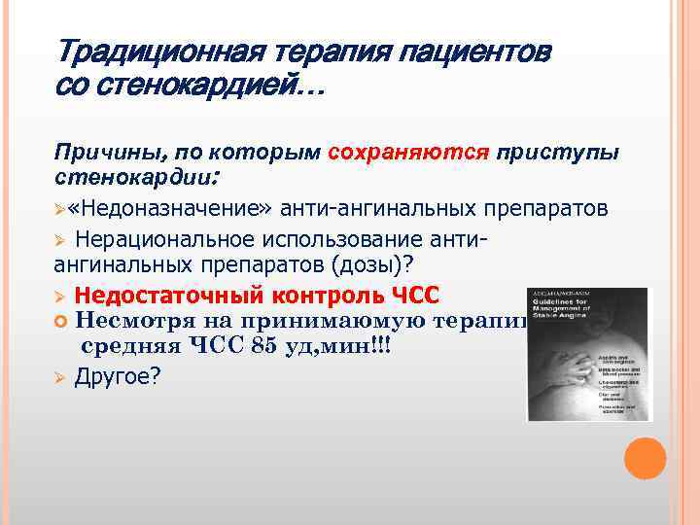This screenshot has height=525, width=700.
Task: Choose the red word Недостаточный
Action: (x=159, y=295)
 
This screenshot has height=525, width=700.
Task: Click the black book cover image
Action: (x=588, y=354)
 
